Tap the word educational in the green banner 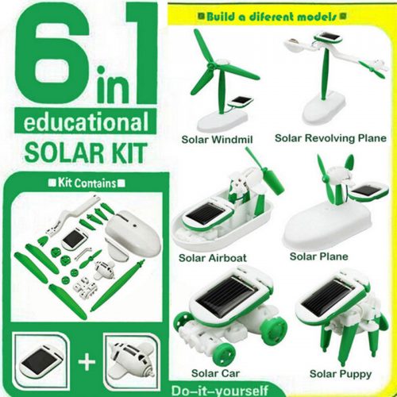(86, 121)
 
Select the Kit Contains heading (87, 183)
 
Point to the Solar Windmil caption (217, 140)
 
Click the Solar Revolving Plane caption (330, 138)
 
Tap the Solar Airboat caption (213, 257)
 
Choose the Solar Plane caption (319, 256)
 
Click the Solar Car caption (215, 373)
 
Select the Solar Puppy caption (341, 374)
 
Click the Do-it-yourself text (219, 391)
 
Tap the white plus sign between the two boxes (87, 362)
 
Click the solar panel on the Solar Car (228, 292)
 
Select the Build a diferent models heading (272, 17)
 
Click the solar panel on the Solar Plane (367, 190)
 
